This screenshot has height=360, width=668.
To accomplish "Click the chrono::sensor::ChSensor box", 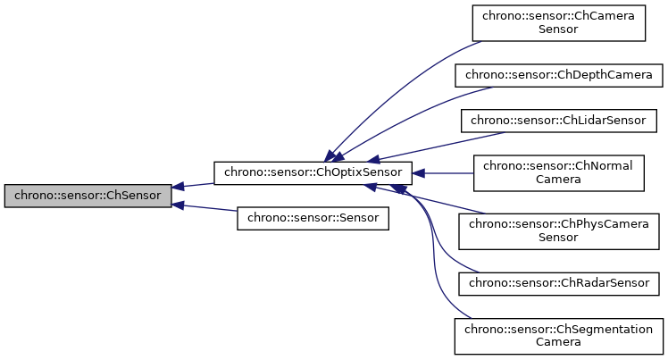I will coord(88,196).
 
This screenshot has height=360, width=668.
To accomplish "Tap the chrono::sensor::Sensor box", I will coord(313,218).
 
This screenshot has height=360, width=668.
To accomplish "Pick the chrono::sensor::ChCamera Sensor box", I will coord(559,22).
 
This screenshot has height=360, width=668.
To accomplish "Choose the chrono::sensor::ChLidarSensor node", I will coord(559,120).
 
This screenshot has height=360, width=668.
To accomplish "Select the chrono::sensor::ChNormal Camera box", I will coord(559,172).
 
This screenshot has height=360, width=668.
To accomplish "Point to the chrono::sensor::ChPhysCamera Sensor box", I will coord(559,230).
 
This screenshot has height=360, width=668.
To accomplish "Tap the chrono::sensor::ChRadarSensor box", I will coord(559,283).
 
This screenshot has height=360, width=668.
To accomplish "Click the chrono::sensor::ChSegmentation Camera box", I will coord(559,335).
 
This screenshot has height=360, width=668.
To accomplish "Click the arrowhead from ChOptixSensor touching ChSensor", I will coord(179,186).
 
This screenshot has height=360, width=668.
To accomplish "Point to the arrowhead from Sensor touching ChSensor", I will coord(179,205).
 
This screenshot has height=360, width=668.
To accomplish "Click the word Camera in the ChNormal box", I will coord(559,179).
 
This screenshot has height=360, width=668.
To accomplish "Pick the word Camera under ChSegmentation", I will coord(559,342).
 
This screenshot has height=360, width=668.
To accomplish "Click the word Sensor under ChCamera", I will coord(559,29).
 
